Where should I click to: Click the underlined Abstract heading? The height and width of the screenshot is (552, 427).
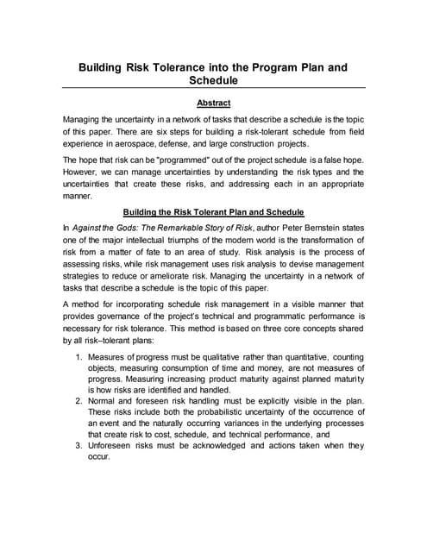(x=213, y=103)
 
